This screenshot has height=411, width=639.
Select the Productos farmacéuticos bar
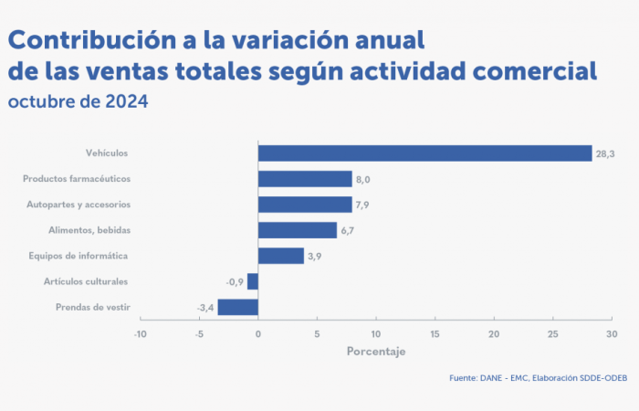click(305, 179)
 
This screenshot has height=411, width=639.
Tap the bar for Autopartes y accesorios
click(305, 205)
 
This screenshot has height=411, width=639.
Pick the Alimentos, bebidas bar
click(298, 230)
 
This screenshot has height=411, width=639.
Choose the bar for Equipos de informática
click(281, 256)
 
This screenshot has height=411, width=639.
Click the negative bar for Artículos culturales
click(253, 281)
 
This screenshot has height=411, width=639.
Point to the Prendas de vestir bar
click(237, 307)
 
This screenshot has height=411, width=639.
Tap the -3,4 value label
click(205, 308)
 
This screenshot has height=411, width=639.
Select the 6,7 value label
click(347, 231)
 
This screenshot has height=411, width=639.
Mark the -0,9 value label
click(236, 282)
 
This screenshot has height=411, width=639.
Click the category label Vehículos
click(107, 153)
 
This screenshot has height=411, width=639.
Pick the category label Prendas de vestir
click(92, 307)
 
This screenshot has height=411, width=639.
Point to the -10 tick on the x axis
click(140, 334)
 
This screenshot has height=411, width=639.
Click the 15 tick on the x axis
click(435, 334)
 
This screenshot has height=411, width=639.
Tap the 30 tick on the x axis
click(611, 334)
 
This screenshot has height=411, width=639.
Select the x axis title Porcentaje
click(375, 352)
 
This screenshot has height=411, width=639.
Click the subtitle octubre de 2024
click(78, 101)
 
